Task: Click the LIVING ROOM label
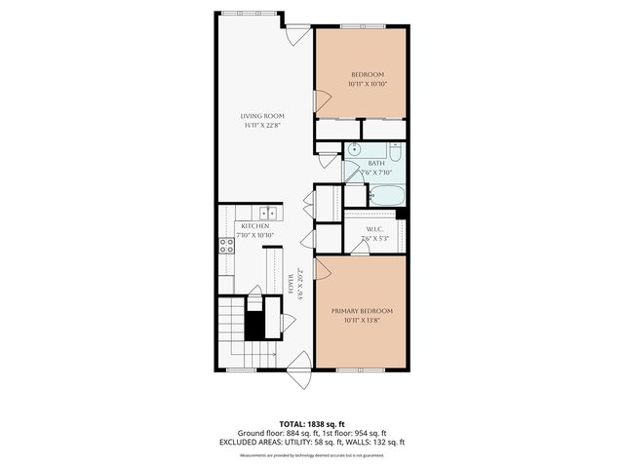tap(262, 116)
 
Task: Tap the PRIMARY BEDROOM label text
tap(362, 311)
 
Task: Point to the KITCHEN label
tap(242, 226)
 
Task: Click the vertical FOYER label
tap(292, 285)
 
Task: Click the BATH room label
tap(375, 164)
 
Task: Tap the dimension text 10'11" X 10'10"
tap(369, 85)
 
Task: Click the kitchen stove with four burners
tap(225, 246)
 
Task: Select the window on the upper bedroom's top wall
tap(360, 27)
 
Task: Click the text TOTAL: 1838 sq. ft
tap(312, 423)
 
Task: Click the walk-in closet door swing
tap(361, 250)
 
